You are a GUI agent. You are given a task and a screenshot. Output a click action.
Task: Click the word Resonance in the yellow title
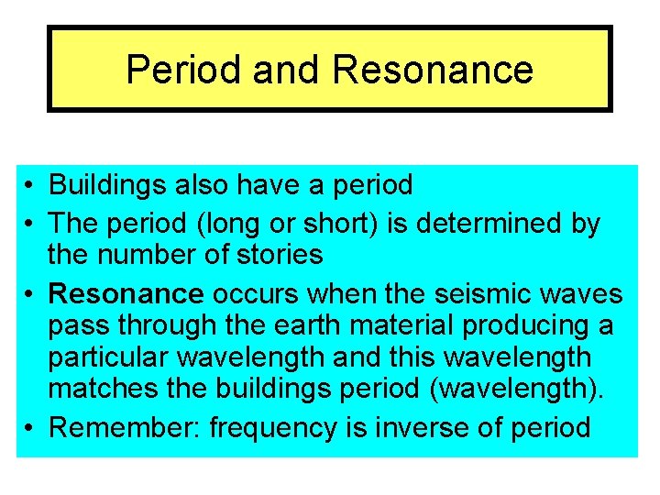(433, 70)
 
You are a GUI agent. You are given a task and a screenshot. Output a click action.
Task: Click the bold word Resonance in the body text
(126, 293)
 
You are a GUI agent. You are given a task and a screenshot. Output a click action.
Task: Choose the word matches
(102, 387)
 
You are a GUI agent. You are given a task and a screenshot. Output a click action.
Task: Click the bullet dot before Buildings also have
(30, 186)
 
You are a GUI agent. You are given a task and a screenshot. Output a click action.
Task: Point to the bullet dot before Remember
(30, 427)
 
